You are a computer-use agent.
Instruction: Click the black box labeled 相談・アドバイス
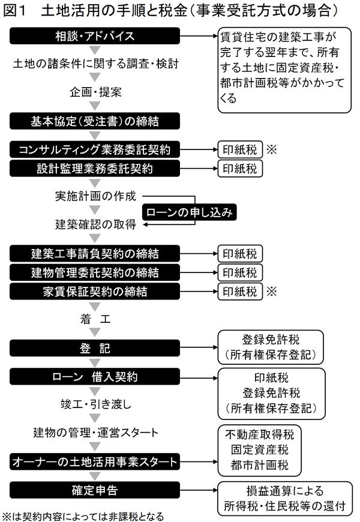coord(95,37)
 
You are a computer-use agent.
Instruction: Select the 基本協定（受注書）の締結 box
coord(95,121)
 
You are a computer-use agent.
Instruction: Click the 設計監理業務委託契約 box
coord(95,169)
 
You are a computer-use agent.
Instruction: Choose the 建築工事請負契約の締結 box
coord(95,253)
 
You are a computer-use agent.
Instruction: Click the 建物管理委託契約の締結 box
coord(95,272)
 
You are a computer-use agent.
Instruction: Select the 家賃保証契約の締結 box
coord(95,292)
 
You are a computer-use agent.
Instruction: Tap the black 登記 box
coord(95,348)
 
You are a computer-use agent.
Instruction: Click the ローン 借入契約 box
coord(95,377)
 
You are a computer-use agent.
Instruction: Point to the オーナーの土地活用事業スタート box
coord(95,461)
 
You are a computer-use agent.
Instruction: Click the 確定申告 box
coord(95,490)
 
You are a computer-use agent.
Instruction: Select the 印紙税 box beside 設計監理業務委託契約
coord(240,169)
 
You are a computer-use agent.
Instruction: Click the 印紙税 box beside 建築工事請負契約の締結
coord(240,253)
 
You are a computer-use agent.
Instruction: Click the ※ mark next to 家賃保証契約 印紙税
coord(272,292)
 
